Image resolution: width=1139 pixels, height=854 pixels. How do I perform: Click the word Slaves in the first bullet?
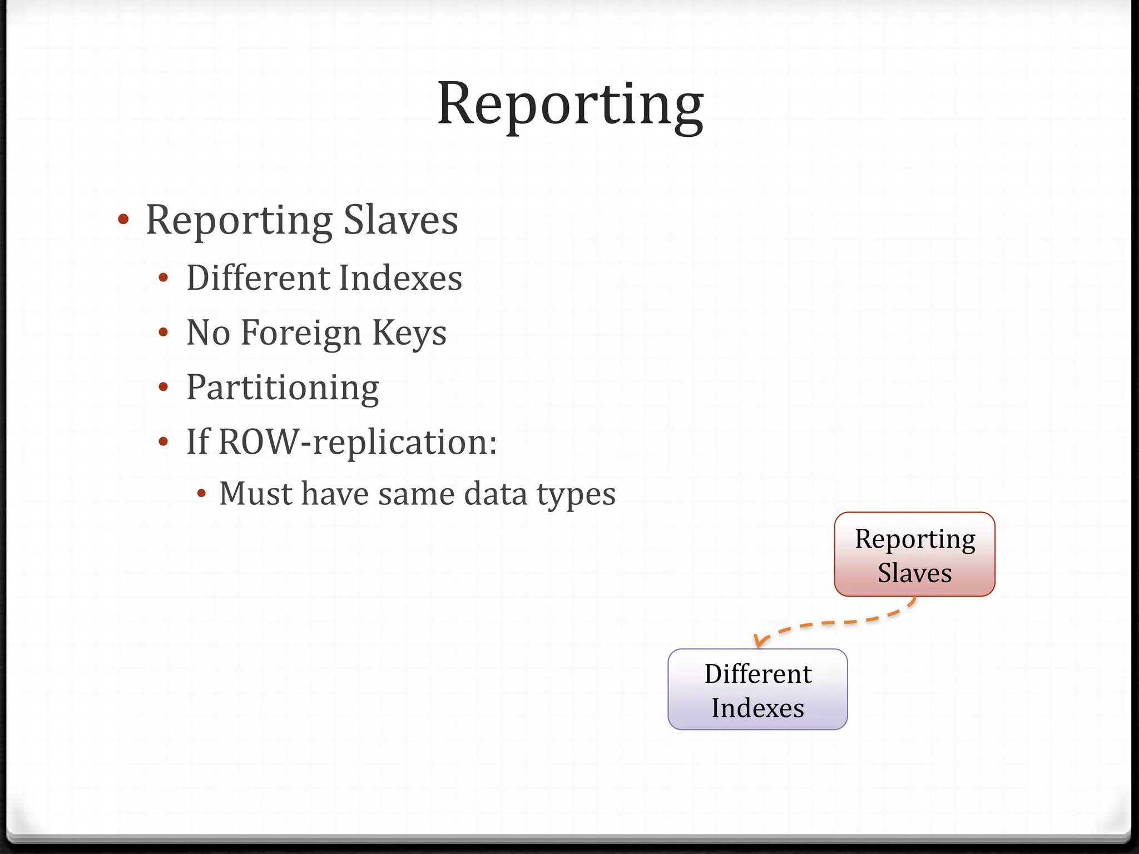pyautogui.click(x=400, y=220)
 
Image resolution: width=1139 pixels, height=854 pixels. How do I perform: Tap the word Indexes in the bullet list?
pyautogui.click(x=400, y=278)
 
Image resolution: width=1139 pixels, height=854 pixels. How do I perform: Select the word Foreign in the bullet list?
pyautogui.click(x=301, y=333)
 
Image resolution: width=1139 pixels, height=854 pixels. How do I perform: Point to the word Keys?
pyautogui.click(x=409, y=333)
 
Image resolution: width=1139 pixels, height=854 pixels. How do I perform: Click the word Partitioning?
pyautogui.click(x=283, y=388)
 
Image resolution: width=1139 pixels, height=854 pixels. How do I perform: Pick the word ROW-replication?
pyautogui.click(x=358, y=442)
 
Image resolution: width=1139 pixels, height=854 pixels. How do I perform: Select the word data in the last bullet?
pyautogui.click(x=495, y=494)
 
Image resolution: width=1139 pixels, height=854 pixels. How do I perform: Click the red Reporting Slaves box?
pyautogui.click(x=914, y=554)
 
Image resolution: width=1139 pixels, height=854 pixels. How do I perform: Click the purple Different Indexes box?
pyautogui.click(x=757, y=689)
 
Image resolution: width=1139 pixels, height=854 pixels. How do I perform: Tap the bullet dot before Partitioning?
pyautogui.click(x=163, y=387)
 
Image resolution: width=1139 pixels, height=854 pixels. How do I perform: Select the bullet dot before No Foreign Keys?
pyautogui.click(x=163, y=332)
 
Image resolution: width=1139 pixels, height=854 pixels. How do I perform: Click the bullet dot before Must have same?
pyautogui.click(x=202, y=493)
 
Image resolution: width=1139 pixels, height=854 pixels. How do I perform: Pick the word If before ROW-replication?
pyautogui.click(x=198, y=442)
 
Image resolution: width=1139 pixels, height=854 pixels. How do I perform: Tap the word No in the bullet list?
pyautogui.click(x=208, y=333)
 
